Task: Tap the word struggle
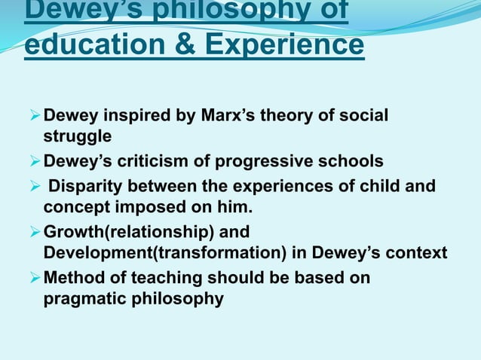tap(77, 137)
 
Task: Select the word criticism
tap(177, 161)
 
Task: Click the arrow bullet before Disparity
tap(33, 185)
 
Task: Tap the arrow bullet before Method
tap(33, 278)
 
